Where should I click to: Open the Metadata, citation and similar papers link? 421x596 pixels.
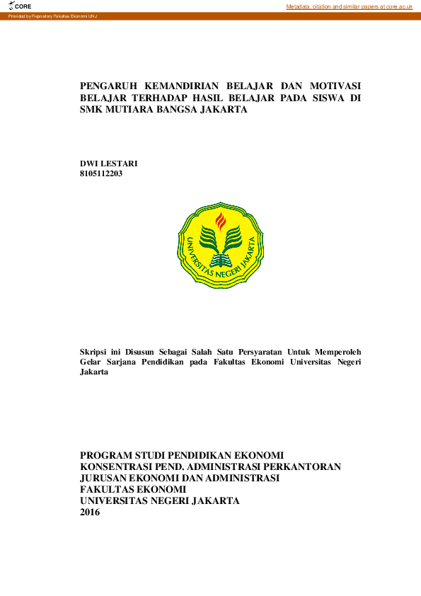pos(349,6)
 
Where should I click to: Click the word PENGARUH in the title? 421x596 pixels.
pos(110,84)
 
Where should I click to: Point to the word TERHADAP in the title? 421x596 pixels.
pos(170,98)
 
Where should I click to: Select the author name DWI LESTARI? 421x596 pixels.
pos(109,164)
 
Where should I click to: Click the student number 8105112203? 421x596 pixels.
pos(102,173)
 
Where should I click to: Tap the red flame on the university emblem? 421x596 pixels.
pos(220,220)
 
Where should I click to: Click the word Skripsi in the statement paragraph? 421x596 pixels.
pos(96,350)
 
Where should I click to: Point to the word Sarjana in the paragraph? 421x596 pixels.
pos(137,361)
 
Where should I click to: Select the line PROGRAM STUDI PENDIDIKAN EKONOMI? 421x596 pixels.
pos(182,455)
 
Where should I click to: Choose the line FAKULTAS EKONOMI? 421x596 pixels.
pos(133,489)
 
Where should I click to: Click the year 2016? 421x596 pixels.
pos(91,512)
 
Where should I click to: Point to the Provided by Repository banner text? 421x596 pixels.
pos(52,16)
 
